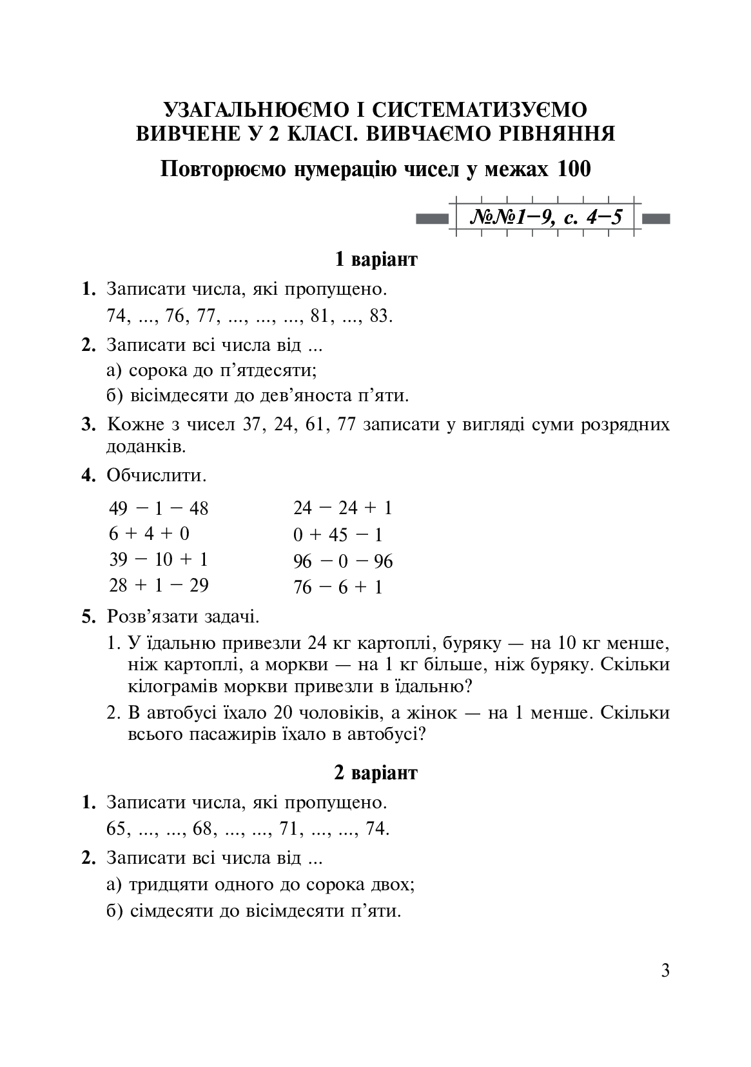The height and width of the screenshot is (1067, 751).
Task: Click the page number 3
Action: pyautogui.click(x=665, y=970)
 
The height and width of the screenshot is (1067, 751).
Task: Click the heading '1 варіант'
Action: pyautogui.click(x=376, y=259)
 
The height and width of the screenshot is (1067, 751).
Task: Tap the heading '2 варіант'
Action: pyautogui.click(x=376, y=773)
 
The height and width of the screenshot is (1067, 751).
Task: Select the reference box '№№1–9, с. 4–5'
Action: pyautogui.click(x=547, y=217)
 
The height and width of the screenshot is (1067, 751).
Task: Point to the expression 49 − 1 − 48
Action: pyautogui.click(x=159, y=508)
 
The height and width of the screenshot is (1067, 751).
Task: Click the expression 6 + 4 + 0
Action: pyautogui.click(x=149, y=534)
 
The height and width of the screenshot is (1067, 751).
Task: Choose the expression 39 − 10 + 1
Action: pyautogui.click(x=159, y=559)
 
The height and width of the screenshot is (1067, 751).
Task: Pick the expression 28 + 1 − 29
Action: pyautogui.click(x=159, y=585)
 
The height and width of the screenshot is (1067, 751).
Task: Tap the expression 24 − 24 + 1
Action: pyautogui.click(x=342, y=508)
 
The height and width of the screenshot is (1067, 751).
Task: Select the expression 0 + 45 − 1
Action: pyautogui.click(x=338, y=535)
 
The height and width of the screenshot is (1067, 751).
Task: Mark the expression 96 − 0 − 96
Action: pyautogui.click(x=343, y=561)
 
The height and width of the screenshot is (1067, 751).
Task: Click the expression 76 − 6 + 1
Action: pyautogui.click(x=338, y=587)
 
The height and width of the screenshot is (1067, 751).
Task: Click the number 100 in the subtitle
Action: pyautogui.click(x=571, y=170)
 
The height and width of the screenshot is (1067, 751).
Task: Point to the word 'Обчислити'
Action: pyautogui.click(x=156, y=476)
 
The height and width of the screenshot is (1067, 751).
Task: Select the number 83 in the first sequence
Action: pyautogui.click(x=380, y=317)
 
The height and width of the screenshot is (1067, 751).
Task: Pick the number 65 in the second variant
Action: pyautogui.click(x=116, y=828)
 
